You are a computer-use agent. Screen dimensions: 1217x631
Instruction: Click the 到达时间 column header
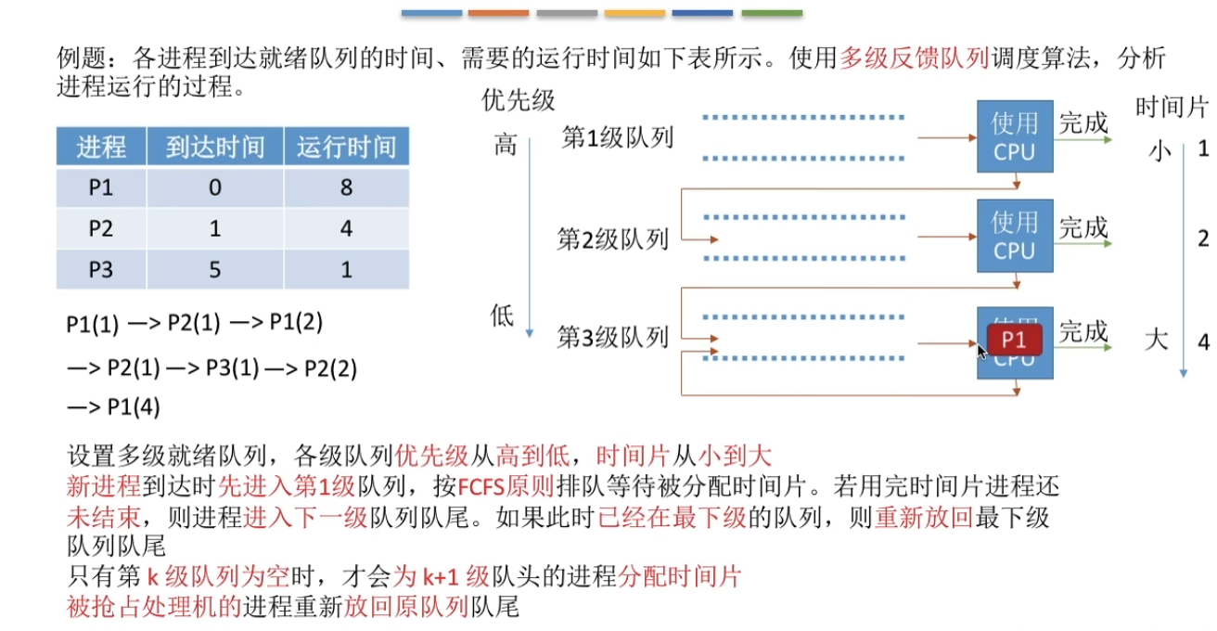[x=215, y=148]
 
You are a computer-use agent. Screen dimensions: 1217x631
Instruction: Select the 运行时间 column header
[x=346, y=148]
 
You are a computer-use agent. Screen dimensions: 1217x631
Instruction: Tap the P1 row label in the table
[x=101, y=187]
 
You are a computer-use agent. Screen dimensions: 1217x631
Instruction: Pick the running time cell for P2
[x=346, y=228]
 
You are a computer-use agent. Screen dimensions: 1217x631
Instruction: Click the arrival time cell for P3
[x=215, y=269]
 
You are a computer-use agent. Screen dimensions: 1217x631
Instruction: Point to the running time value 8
[x=346, y=187]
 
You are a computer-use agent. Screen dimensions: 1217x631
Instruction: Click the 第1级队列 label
[x=617, y=138]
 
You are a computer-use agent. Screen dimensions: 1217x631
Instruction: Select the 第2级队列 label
[x=612, y=239]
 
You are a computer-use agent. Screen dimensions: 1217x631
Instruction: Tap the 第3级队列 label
[x=612, y=336]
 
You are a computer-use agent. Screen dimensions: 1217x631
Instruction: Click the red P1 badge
[x=1015, y=341]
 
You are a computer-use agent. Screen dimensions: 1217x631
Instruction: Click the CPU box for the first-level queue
[x=1015, y=136]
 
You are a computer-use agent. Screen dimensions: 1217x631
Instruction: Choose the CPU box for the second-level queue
[x=1015, y=236]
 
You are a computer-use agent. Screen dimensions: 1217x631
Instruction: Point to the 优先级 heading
[x=518, y=100]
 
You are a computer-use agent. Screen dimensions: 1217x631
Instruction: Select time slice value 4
[x=1203, y=341]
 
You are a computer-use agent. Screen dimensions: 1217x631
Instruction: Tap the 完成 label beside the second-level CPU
[x=1083, y=227]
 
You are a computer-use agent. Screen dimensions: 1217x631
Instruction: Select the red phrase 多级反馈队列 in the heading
[x=897, y=59]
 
